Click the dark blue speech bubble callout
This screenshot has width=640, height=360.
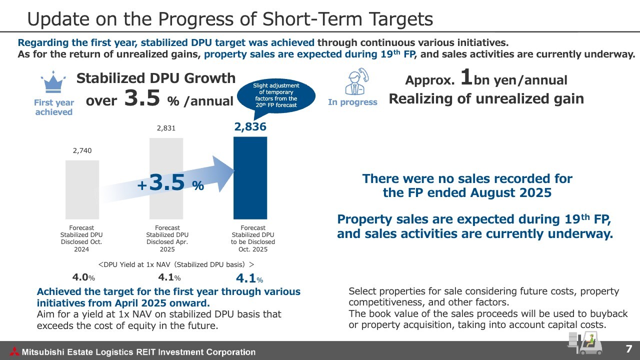tap(276, 95)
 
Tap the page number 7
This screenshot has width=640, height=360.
tap(629, 348)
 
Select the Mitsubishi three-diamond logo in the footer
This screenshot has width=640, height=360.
tap(13, 351)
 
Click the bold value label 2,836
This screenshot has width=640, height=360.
tap(250, 127)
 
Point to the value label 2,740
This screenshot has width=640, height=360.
tap(82, 150)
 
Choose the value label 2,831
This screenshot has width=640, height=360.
tap(166, 128)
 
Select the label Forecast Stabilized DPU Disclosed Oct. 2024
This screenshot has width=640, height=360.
tap(81, 238)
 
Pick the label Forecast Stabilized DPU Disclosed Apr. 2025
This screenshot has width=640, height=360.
tap(167, 238)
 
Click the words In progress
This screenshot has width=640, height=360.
tap(352, 102)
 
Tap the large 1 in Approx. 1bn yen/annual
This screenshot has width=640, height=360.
tap(466, 77)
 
